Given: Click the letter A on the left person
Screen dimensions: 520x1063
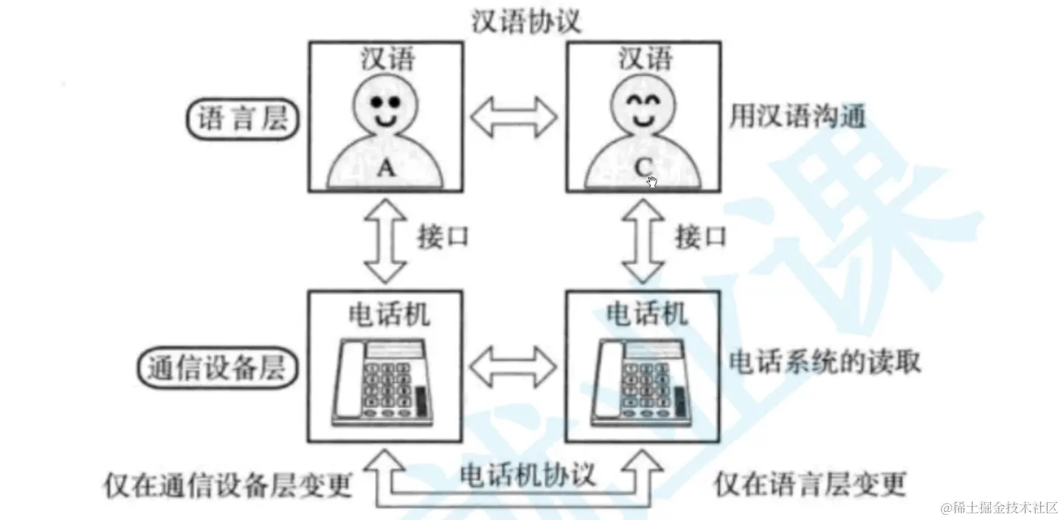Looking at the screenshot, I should (387, 169).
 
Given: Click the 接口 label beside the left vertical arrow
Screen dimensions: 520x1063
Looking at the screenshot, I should (443, 238).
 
